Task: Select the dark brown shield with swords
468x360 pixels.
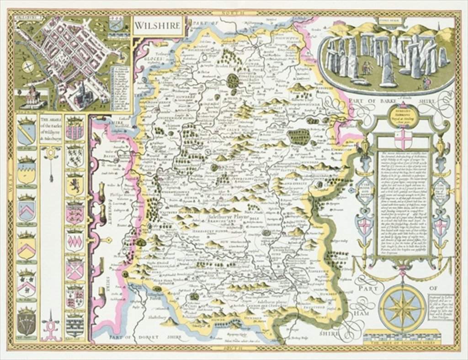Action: coord(27,323)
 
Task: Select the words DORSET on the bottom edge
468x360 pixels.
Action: coord(150,338)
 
